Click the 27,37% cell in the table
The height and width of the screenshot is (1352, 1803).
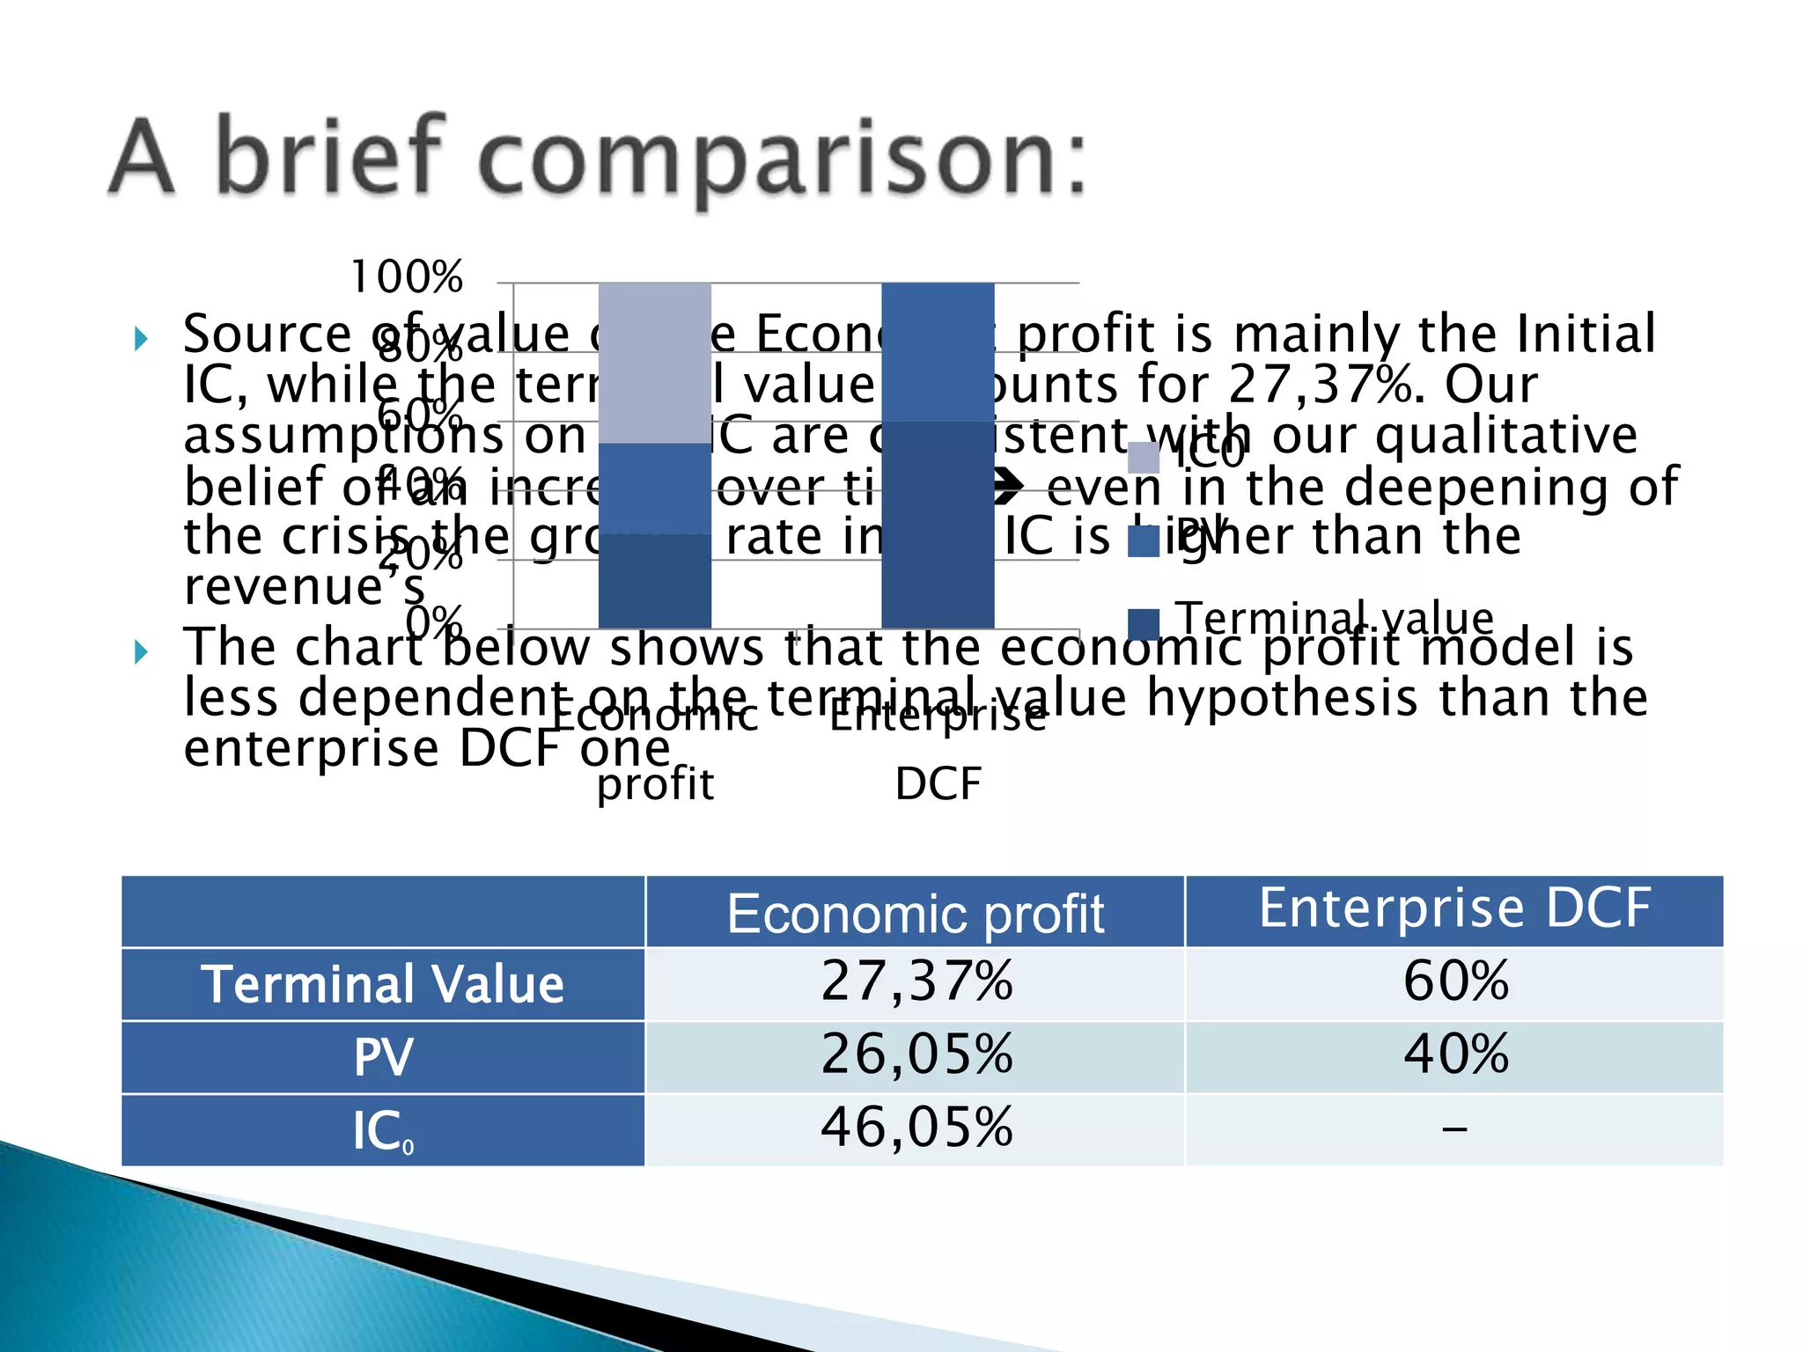(916, 982)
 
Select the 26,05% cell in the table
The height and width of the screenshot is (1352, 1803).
(916, 1055)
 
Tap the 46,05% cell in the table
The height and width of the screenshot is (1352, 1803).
(916, 1128)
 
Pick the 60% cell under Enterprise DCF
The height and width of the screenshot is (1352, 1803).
(1454, 982)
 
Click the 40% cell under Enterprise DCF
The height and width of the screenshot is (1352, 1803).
(1454, 1055)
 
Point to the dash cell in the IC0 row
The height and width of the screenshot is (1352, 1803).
(1454, 1129)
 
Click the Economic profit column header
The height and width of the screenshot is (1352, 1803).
(916, 914)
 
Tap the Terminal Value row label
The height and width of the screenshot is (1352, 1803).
(383, 984)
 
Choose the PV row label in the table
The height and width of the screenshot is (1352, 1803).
(383, 1057)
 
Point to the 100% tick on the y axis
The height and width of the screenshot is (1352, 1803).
(407, 278)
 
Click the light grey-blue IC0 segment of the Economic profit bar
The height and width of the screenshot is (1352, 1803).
(654, 361)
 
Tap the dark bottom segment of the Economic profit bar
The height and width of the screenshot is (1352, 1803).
(654, 581)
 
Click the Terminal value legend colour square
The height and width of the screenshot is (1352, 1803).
(1144, 623)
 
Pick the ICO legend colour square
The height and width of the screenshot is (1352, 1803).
(1144, 457)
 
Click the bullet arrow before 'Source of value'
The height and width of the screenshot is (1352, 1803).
(141, 338)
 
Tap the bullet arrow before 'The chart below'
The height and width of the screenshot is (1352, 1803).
(141, 652)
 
